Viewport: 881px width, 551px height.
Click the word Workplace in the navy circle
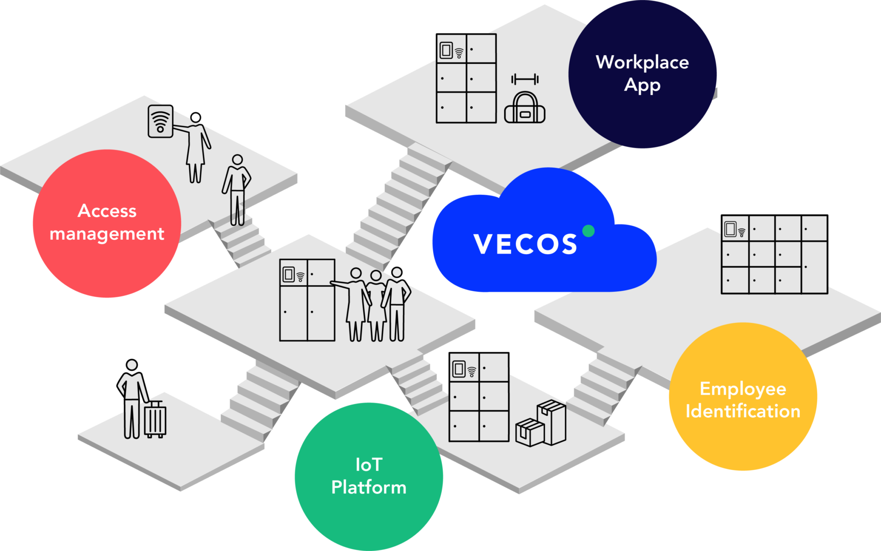pyautogui.click(x=642, y=62)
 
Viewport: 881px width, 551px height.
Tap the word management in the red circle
pyautogui.click(x=107, y=234)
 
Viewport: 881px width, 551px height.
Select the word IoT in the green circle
pyautogui.click(x=368, y=465)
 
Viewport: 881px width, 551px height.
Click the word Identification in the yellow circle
pyautogui.click(x=743, y=411)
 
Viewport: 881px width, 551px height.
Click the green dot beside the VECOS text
pyautogui.click(x=588, y=231)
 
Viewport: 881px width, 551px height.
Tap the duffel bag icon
pyautogui.click(x=524, y=108)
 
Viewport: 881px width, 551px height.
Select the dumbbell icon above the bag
pyautogui.click(x=524, y=79)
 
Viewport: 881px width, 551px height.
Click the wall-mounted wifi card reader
pyautogui.click(x=160, y=121)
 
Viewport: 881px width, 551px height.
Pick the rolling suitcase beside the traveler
pyautogui.click(x=155, y=419)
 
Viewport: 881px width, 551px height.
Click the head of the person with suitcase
pyautogui.click(x=132, y=365)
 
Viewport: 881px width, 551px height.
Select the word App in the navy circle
pyautogui.click(x=642, y=85)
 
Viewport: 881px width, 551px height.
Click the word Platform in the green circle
pyautogui.click(x=368, y=488)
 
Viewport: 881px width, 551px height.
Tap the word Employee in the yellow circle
pyautogui.click(x=743, y=389)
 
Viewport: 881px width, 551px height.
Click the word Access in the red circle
pyautogui.click(x=107, y=211)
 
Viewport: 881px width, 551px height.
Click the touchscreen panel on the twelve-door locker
pyautogui.click(x=731, y=229)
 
